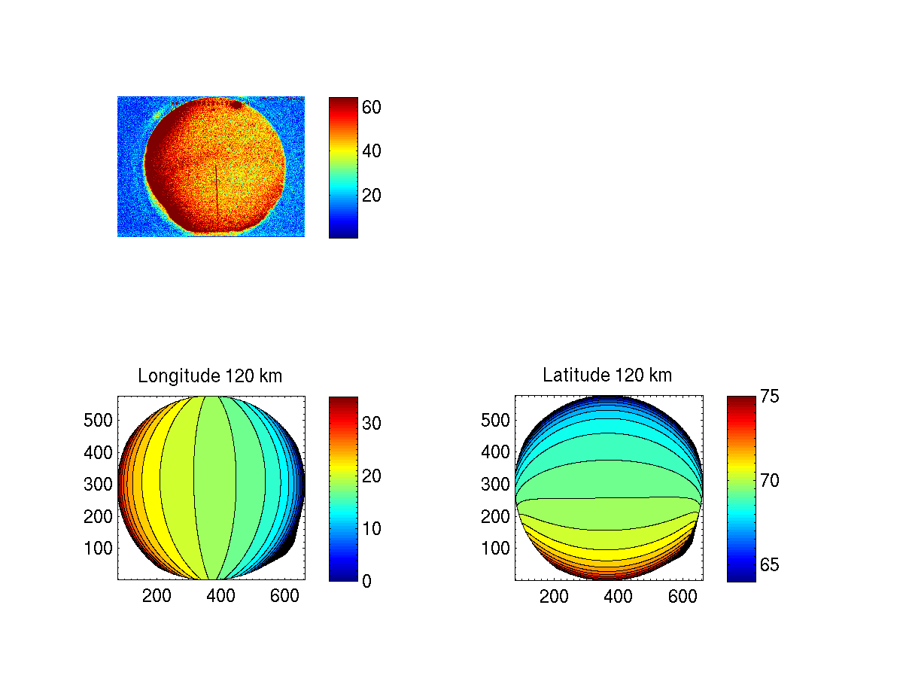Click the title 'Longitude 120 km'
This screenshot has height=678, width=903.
coord(210,376)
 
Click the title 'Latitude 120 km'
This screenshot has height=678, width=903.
coord(607,375)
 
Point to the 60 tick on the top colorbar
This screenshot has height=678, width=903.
coord(371,108)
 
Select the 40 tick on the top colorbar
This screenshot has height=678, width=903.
coord(371,152)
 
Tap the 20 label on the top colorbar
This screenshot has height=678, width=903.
coord(371,196)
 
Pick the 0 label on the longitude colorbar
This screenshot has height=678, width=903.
coord(366,581)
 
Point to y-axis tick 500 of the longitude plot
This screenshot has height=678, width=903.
coord(98,420)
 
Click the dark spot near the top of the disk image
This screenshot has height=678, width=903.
coord(236,105)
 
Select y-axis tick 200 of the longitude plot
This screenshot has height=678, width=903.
coord(98,516)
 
